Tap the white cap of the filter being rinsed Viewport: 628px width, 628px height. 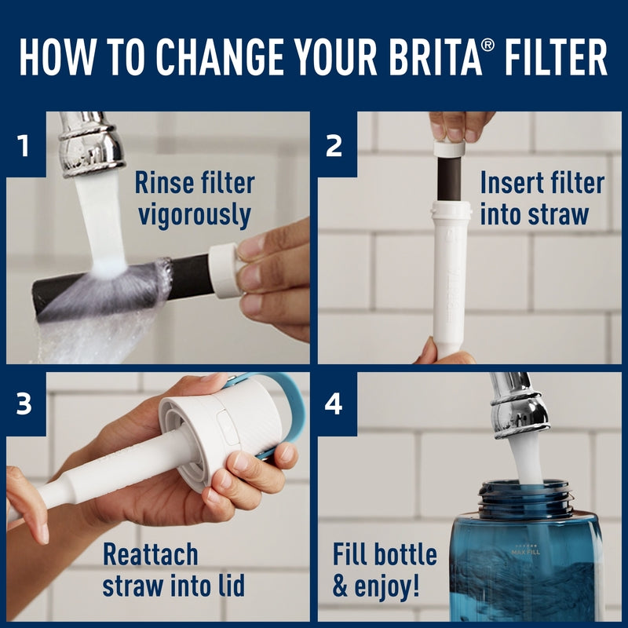(x=225, y=270)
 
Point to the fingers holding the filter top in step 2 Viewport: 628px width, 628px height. (x=461, y=125)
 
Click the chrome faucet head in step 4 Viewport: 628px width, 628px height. (x=518, y=404)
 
